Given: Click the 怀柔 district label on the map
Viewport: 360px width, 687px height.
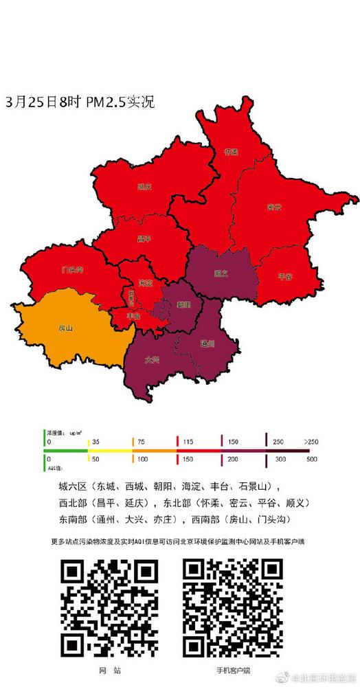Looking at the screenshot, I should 232,153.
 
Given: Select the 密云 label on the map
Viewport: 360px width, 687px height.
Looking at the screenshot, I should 274,206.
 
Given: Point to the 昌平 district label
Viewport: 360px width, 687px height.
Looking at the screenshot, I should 144,238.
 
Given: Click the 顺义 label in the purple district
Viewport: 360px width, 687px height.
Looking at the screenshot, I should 221,273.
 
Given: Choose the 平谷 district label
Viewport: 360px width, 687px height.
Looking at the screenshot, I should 284,276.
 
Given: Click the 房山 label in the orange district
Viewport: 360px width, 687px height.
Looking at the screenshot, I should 66,328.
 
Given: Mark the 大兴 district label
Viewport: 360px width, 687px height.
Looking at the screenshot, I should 152,359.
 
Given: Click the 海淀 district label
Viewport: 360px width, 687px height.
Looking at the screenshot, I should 144,283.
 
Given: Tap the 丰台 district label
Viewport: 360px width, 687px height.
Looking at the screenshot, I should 135,316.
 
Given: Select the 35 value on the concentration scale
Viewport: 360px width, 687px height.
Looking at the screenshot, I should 96,441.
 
